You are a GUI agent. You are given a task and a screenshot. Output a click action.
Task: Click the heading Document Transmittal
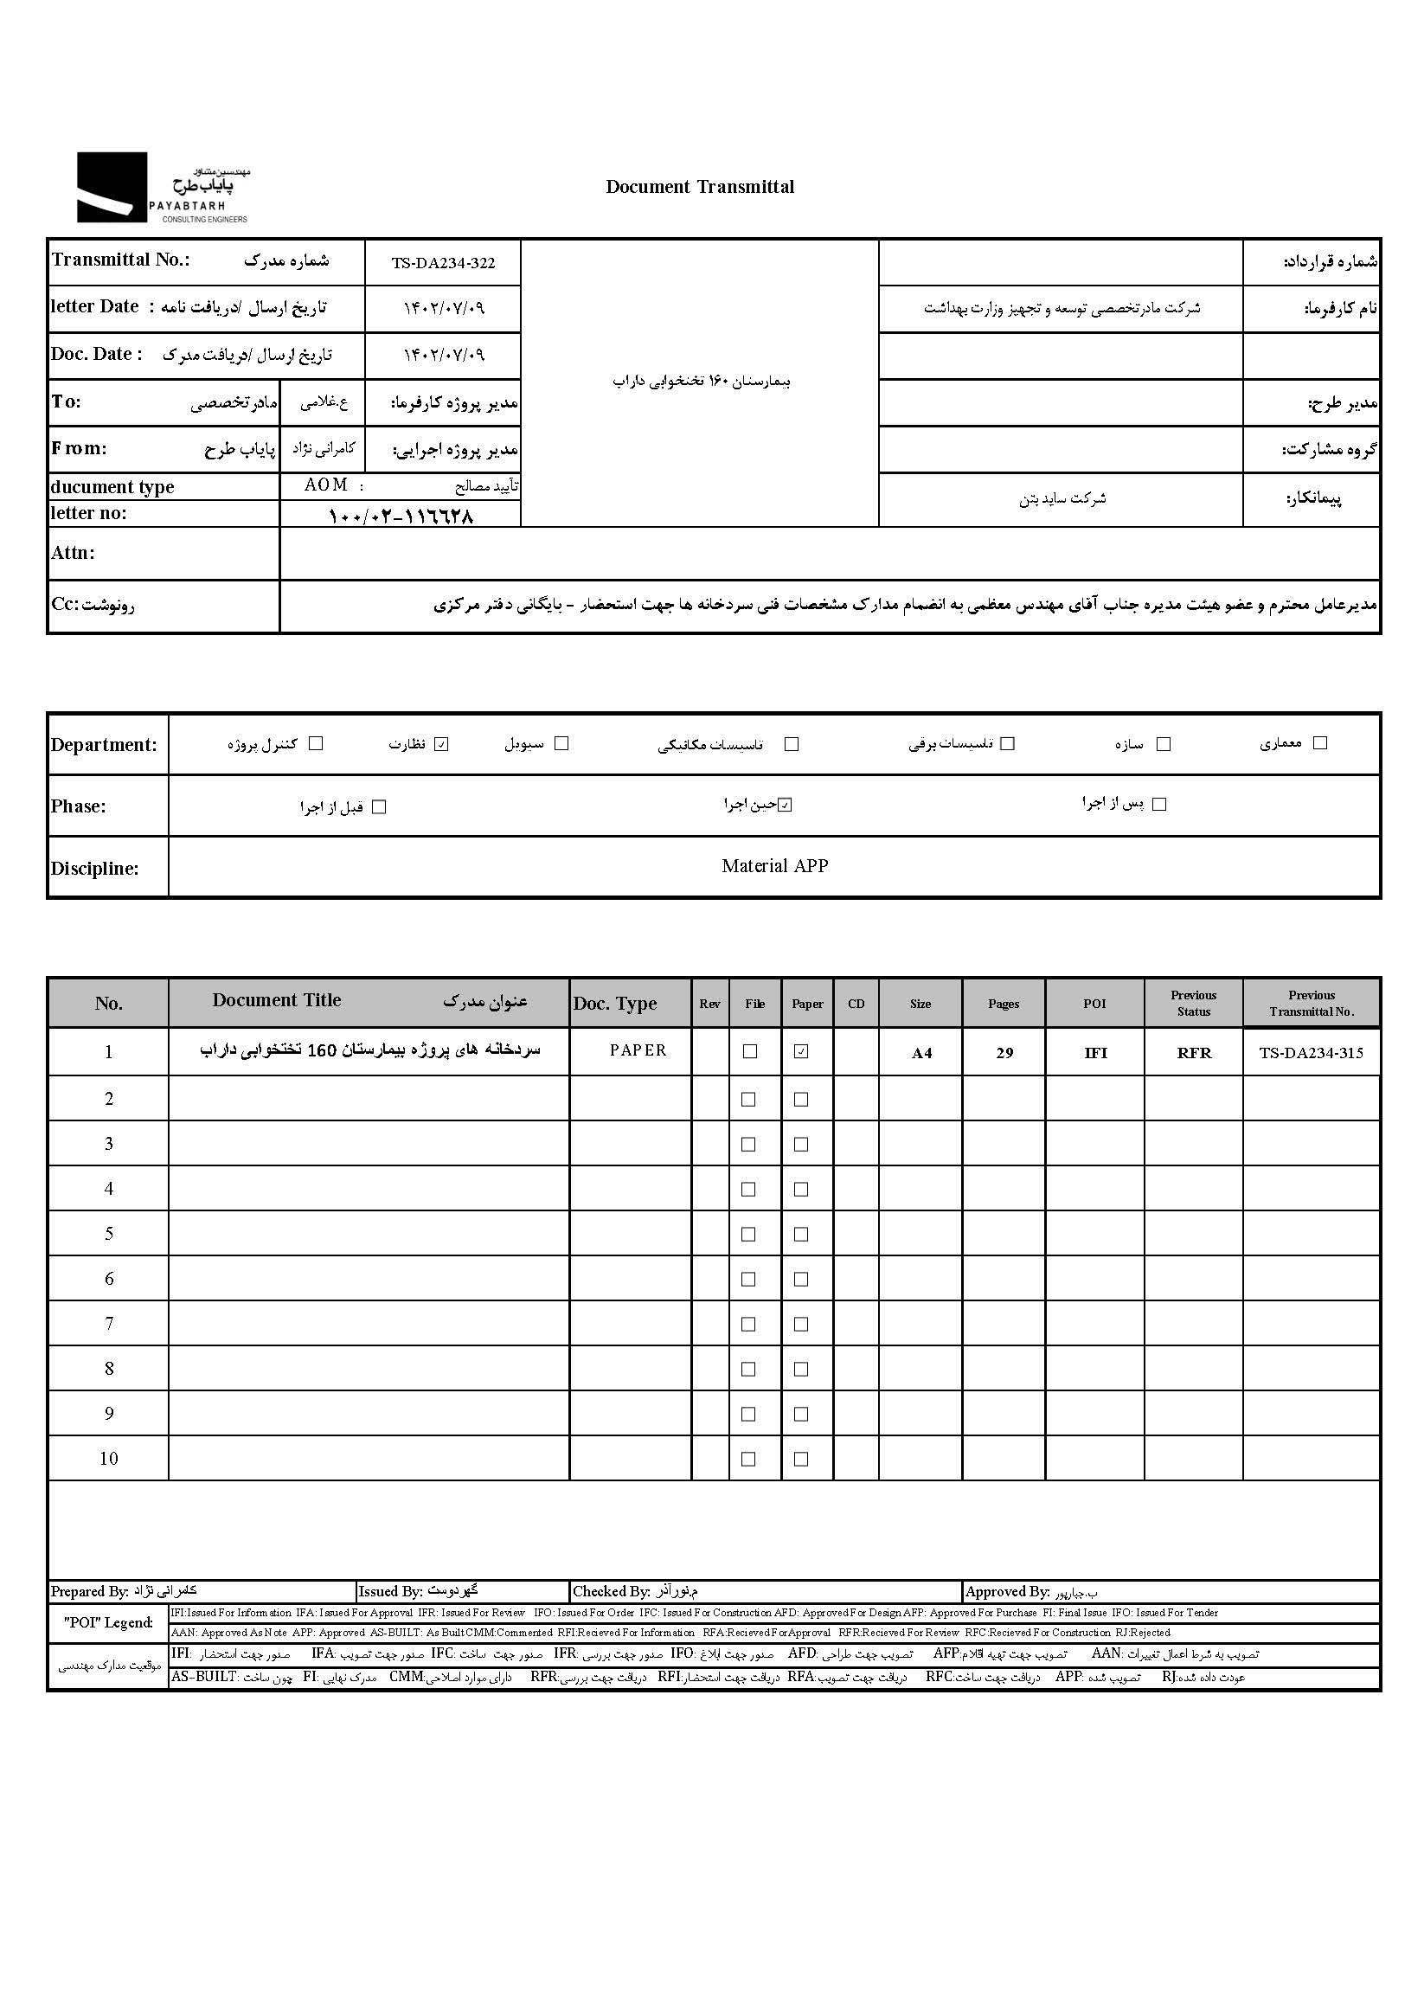click(x=700, y=187)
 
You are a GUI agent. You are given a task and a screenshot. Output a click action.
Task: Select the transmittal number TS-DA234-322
click(x=443, y=263)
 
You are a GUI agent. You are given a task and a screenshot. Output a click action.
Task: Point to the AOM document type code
click(x=325, y=485)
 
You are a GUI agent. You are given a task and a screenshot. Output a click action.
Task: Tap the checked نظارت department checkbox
click(x=441, y=745)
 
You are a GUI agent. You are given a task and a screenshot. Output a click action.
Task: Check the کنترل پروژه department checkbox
click(x=317, y=744)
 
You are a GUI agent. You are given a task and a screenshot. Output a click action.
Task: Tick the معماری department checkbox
click(x=1319, y=742)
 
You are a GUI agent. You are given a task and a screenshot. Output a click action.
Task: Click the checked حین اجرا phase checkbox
click(x=785, y=805)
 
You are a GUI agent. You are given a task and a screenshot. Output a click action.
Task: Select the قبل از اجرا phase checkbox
click(x=379, y=806)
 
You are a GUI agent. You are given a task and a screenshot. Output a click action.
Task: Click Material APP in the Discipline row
click(x=774, y=866)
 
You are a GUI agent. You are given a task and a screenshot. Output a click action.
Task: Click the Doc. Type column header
click(x=614, y=1005)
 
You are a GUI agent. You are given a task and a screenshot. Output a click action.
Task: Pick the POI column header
click(x=1094, y=1005)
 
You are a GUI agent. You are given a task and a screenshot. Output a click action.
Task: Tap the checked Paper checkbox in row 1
click(x=800, y=1051)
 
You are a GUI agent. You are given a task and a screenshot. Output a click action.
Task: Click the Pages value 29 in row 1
click(x=1004, y=1053)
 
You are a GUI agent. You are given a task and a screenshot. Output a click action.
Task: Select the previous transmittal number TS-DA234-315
click(x=1311, y=1053)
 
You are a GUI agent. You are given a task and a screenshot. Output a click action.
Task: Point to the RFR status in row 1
click(x=1193, y=1053)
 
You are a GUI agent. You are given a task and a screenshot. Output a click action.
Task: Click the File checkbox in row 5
click(x=748, y=1234)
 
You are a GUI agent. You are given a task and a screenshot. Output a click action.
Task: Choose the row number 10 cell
click(x=109, y=1459)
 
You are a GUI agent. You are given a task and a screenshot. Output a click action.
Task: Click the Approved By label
click(x=1007, y=1592)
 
